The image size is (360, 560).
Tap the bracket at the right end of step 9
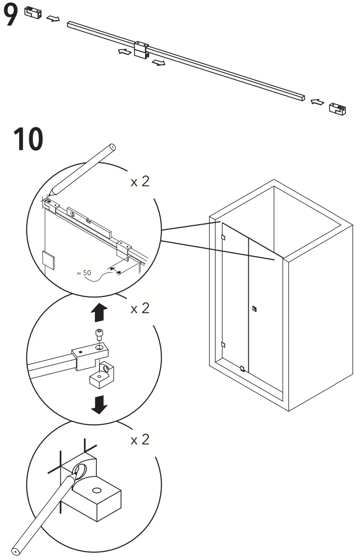(x=338, y=108)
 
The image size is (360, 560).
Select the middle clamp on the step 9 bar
(x=141, y=49)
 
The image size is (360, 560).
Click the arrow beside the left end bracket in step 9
(x=53, y=19)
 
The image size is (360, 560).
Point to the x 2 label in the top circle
(x=140, y=182)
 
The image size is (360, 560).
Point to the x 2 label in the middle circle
(x=140, y=309)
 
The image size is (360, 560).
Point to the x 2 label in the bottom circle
(x=140, y=440)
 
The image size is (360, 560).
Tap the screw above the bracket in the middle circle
(x=99, y=335)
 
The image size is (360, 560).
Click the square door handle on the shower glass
(x=255, y=309)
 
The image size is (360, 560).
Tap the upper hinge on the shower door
(x=222, y=237)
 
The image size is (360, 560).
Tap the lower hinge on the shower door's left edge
(x=222, y=345)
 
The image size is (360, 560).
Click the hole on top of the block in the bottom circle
(x=96, y=491)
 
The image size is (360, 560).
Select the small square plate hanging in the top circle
(x=48, y=259)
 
